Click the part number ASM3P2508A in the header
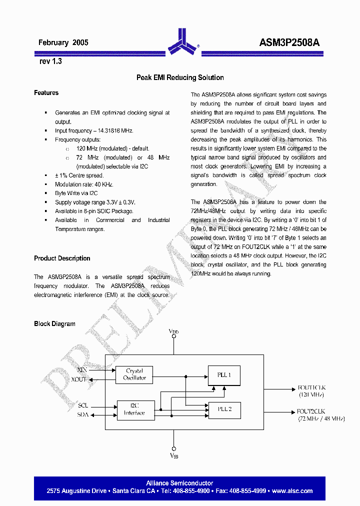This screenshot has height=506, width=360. pos(289,43)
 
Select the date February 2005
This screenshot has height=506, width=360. pos(63,43)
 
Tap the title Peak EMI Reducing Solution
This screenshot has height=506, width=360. pos(180,77)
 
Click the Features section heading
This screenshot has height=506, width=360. pos(46,93)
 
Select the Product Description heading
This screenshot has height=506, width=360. pos(62,258)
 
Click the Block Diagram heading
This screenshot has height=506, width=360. pos(54,324)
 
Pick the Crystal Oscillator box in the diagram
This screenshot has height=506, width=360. pos(134,374)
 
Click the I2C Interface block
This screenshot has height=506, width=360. pos(134,409)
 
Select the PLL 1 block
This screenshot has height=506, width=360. pos(224,375)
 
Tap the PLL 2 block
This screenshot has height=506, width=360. pos(224,409)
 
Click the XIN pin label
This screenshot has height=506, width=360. pos(82,370)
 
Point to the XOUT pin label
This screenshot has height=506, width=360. pos(79,379)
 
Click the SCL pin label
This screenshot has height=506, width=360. pos(83,405)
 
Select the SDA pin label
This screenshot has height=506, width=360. pos(83,414)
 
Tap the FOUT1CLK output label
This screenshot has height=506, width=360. pos(311,387)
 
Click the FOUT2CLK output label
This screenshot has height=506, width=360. pos(311,411)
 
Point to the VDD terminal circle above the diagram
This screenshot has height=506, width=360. pos(174,336)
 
